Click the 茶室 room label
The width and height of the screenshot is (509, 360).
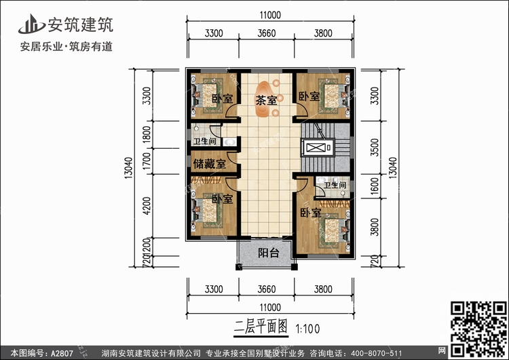[x=265, y=101]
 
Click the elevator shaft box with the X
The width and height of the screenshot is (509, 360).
[x=316, y=148]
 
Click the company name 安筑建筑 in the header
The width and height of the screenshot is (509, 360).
[x=79, y=25]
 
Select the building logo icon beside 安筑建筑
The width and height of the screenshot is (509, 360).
[x=31, y=25]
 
